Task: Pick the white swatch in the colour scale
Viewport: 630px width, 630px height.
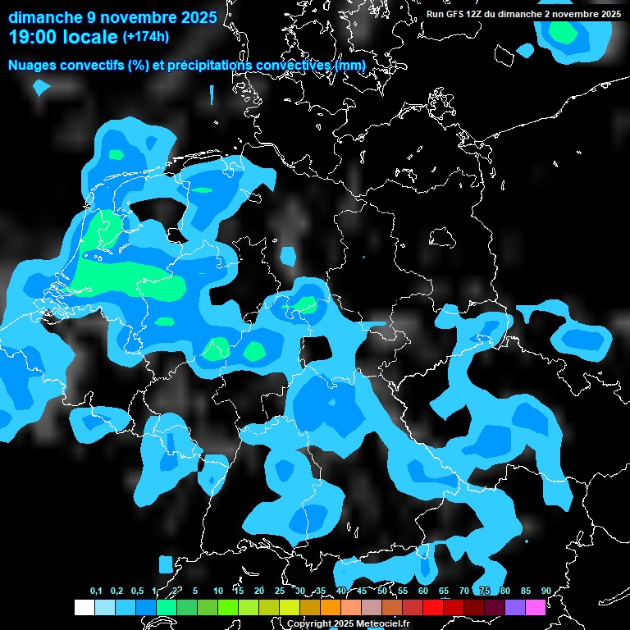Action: [84, 608]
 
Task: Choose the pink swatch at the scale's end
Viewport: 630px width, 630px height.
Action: [536, 608]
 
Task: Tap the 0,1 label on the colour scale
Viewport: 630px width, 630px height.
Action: [96, 591]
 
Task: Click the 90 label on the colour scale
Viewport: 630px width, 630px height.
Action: [546, 591]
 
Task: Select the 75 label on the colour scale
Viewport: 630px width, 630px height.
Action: [485, 591]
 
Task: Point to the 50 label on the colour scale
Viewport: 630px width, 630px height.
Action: [382, 591]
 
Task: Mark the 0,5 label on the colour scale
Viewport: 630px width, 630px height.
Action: [136, 591]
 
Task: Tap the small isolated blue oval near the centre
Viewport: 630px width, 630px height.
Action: [287, 256]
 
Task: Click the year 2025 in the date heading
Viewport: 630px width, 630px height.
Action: [194, 17]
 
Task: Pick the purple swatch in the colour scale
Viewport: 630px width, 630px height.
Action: [515, 608]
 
